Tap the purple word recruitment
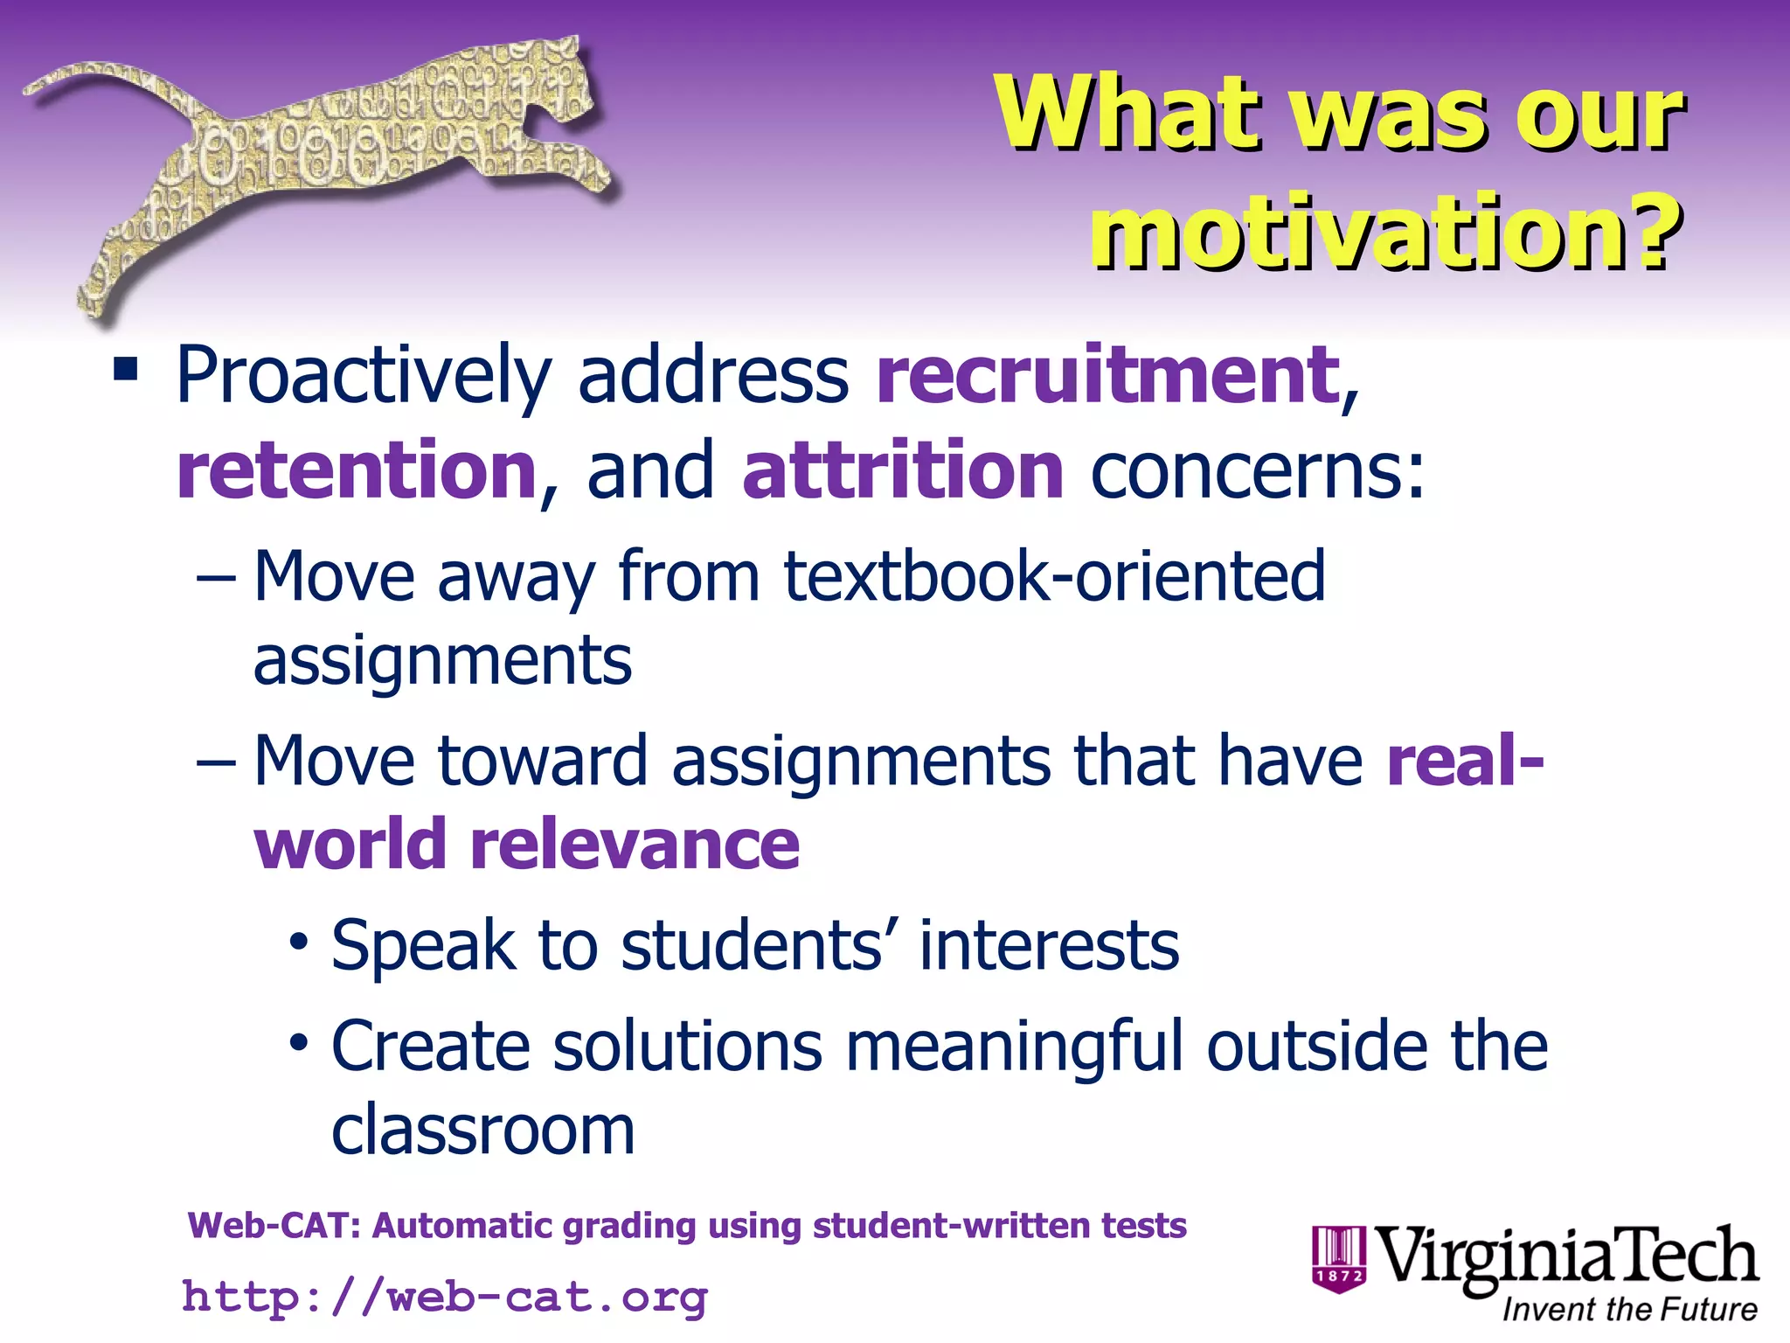1108,376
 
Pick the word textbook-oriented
1054,577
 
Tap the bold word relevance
635,845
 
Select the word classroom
482,1130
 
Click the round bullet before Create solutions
300,1042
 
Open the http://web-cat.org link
444,1297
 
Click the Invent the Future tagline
1629,1310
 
